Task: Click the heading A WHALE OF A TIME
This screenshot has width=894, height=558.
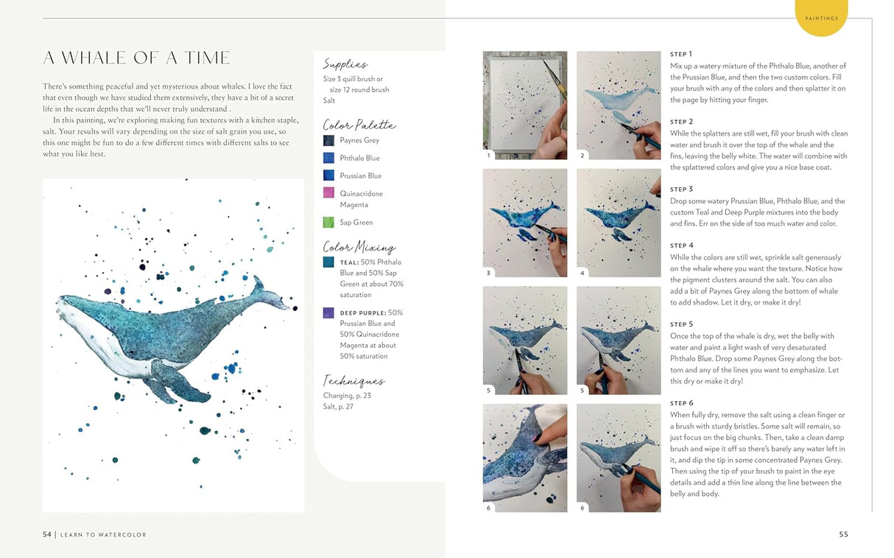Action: [136, 58]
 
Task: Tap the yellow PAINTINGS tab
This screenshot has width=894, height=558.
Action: [821, 18]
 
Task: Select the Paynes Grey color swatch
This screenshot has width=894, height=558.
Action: [328, 140]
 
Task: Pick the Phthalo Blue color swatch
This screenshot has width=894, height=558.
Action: [328, 158]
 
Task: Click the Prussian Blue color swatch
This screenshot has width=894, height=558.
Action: [328, 175]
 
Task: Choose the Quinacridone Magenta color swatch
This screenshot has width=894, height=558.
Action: [328, 193]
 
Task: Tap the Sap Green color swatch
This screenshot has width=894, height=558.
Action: [328, 222]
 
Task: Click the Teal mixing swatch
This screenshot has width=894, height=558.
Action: [328, 262]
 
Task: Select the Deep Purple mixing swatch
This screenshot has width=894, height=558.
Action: [328, 313]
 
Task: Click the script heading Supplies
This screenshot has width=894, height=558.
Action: [345, 65]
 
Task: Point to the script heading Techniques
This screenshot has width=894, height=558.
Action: [353, 381]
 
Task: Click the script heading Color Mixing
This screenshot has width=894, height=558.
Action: [359, 247]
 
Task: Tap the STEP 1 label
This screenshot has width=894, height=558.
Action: [681, 55]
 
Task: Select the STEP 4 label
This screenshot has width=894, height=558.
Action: [681, 245]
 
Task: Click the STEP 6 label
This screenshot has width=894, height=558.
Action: [681, 403]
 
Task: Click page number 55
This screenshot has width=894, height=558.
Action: [843, 534]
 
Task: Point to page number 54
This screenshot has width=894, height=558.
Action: [46, 534]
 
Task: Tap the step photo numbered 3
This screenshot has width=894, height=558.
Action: [524, 223]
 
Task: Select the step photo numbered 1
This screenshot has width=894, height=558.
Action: [524, 105]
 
